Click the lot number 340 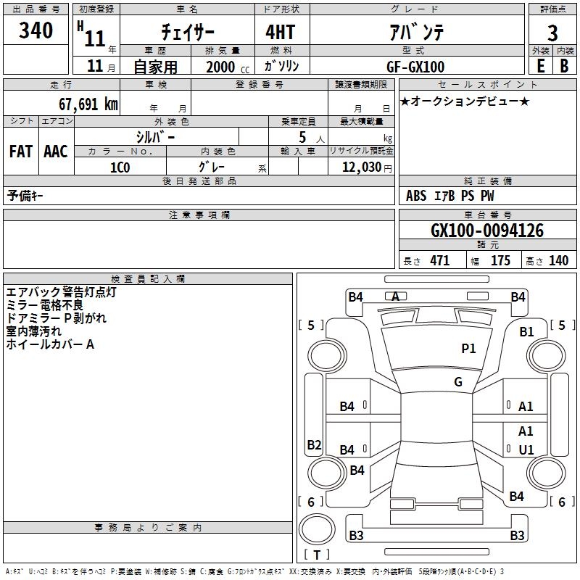click(x=36, y=31)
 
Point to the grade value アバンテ click(x=414, y=32)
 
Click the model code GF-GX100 click(x=415, y=66)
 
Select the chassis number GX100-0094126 click(x=487, y=231)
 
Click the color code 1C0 click(x=120, y=167)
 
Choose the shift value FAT click(x=21, y=152)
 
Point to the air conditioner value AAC click(x=56, y=152)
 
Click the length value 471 click(x=439, y=261)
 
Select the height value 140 click(x=558, y=261)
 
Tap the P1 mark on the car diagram click(x=469, y=349)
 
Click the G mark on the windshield click(x=458, y=382)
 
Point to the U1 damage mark click(x=526, y=450)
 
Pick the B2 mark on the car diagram click(x=314, y=444)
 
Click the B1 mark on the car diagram click(x=526, y=331)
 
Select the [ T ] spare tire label click(x=317, y=555)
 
